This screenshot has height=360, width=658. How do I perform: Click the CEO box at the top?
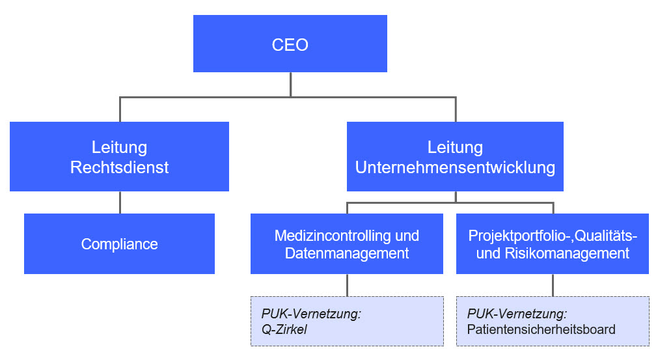tap(290, 44)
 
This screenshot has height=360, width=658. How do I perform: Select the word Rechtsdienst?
tap(119, 167)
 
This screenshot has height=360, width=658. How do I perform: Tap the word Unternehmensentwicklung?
tap(455, 167)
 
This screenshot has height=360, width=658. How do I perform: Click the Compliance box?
tap(119, 243)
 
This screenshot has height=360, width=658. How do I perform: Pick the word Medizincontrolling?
tap(333, 236)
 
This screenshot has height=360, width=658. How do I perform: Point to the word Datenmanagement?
tap(347, 253)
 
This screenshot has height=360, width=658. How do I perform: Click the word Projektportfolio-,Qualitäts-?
tap(553, 236)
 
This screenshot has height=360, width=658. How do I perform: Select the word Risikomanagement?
tap(567, 253)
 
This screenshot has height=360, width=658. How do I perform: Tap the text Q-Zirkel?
tap(284, 329)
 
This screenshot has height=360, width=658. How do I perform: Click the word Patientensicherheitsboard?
tap(541, 329)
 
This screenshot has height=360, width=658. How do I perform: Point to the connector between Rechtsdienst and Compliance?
tap(120, 202)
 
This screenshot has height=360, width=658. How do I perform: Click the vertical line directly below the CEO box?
tap(290, 85)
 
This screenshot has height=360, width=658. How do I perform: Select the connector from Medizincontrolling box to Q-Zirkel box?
tap(347, 285)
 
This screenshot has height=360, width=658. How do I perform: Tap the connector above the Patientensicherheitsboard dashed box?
tap(553, 285)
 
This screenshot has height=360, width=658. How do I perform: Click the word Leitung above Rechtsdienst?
tap(119, 147)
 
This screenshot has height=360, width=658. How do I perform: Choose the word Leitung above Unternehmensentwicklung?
tap(455, 147)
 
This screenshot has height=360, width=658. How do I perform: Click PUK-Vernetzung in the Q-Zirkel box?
tap(311, 313)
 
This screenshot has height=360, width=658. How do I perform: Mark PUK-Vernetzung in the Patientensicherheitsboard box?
tap(517, 313)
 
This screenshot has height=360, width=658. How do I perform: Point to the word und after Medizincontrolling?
tap(407, 236)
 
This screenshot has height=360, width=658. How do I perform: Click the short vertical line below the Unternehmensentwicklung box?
tap(456, 197)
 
